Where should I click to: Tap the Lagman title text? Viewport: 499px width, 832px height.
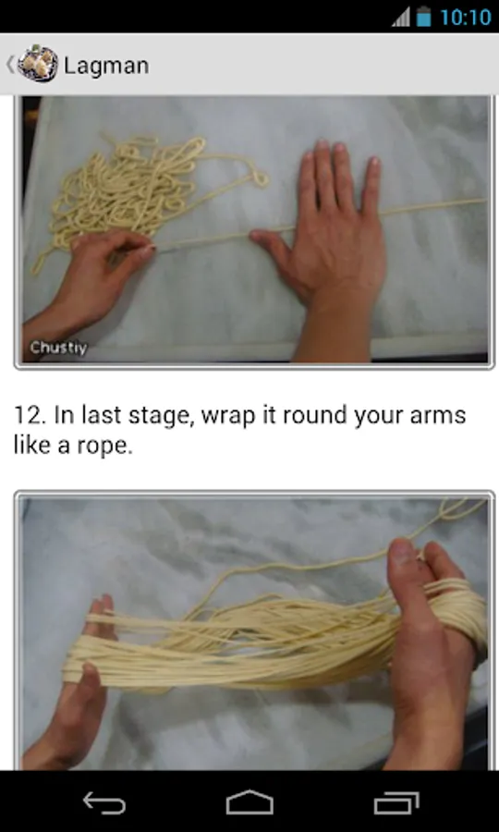106,66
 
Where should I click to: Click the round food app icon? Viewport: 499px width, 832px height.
38,64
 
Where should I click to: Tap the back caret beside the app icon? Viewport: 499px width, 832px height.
9,64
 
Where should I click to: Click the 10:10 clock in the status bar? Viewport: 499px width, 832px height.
466,17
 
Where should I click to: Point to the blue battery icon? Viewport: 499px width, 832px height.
424,17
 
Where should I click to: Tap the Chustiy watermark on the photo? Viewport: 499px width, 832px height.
58,349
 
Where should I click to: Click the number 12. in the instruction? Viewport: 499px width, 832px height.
31,415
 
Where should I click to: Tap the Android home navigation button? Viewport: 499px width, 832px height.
249,802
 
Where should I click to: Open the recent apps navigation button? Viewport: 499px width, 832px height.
396,802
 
